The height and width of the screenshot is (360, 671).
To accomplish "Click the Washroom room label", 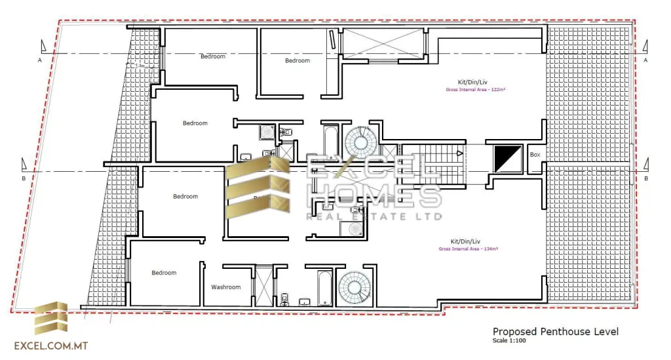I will [x=225, y=287].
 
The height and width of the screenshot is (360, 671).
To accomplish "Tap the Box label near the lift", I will [x=535, y=155].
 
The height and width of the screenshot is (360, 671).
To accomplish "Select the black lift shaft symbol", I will [x=508, y=159].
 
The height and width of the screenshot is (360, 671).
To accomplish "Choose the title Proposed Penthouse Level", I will [x=555, y=332].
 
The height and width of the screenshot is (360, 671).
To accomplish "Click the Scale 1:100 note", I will [x=508, y=341].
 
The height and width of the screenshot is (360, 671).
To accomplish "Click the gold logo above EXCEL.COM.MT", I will [x=50, y=318].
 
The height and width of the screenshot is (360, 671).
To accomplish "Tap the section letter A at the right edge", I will [x=646, y=60].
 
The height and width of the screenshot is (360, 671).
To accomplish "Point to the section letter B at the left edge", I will [x=24, y=178].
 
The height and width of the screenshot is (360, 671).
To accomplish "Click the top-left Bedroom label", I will [x=212, y=56].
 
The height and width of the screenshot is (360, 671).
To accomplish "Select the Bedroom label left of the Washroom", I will [x=164, y=273].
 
